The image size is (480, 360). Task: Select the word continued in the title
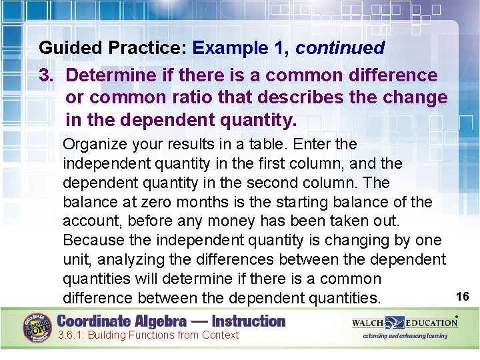(340, 49)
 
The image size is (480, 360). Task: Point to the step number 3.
(45, 75)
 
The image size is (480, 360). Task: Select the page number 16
(463, 295)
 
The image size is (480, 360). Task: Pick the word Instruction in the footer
(246, 321)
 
